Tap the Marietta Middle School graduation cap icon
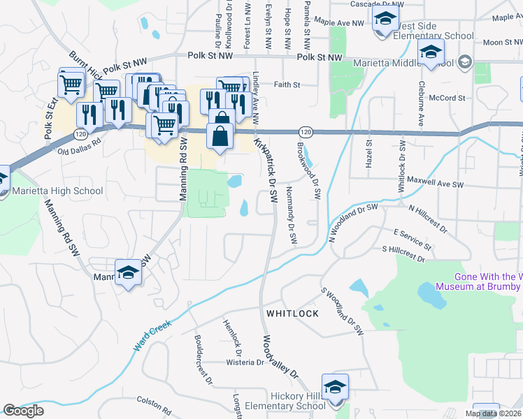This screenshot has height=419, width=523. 431,51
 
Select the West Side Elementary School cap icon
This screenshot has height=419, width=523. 384,20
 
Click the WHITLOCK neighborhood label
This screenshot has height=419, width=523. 292,314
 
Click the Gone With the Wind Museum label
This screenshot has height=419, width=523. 478,281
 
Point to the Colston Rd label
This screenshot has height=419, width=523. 154,401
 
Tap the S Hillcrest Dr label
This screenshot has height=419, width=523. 403,253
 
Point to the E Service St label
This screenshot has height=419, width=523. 412,238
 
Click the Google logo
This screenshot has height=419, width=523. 24,411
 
